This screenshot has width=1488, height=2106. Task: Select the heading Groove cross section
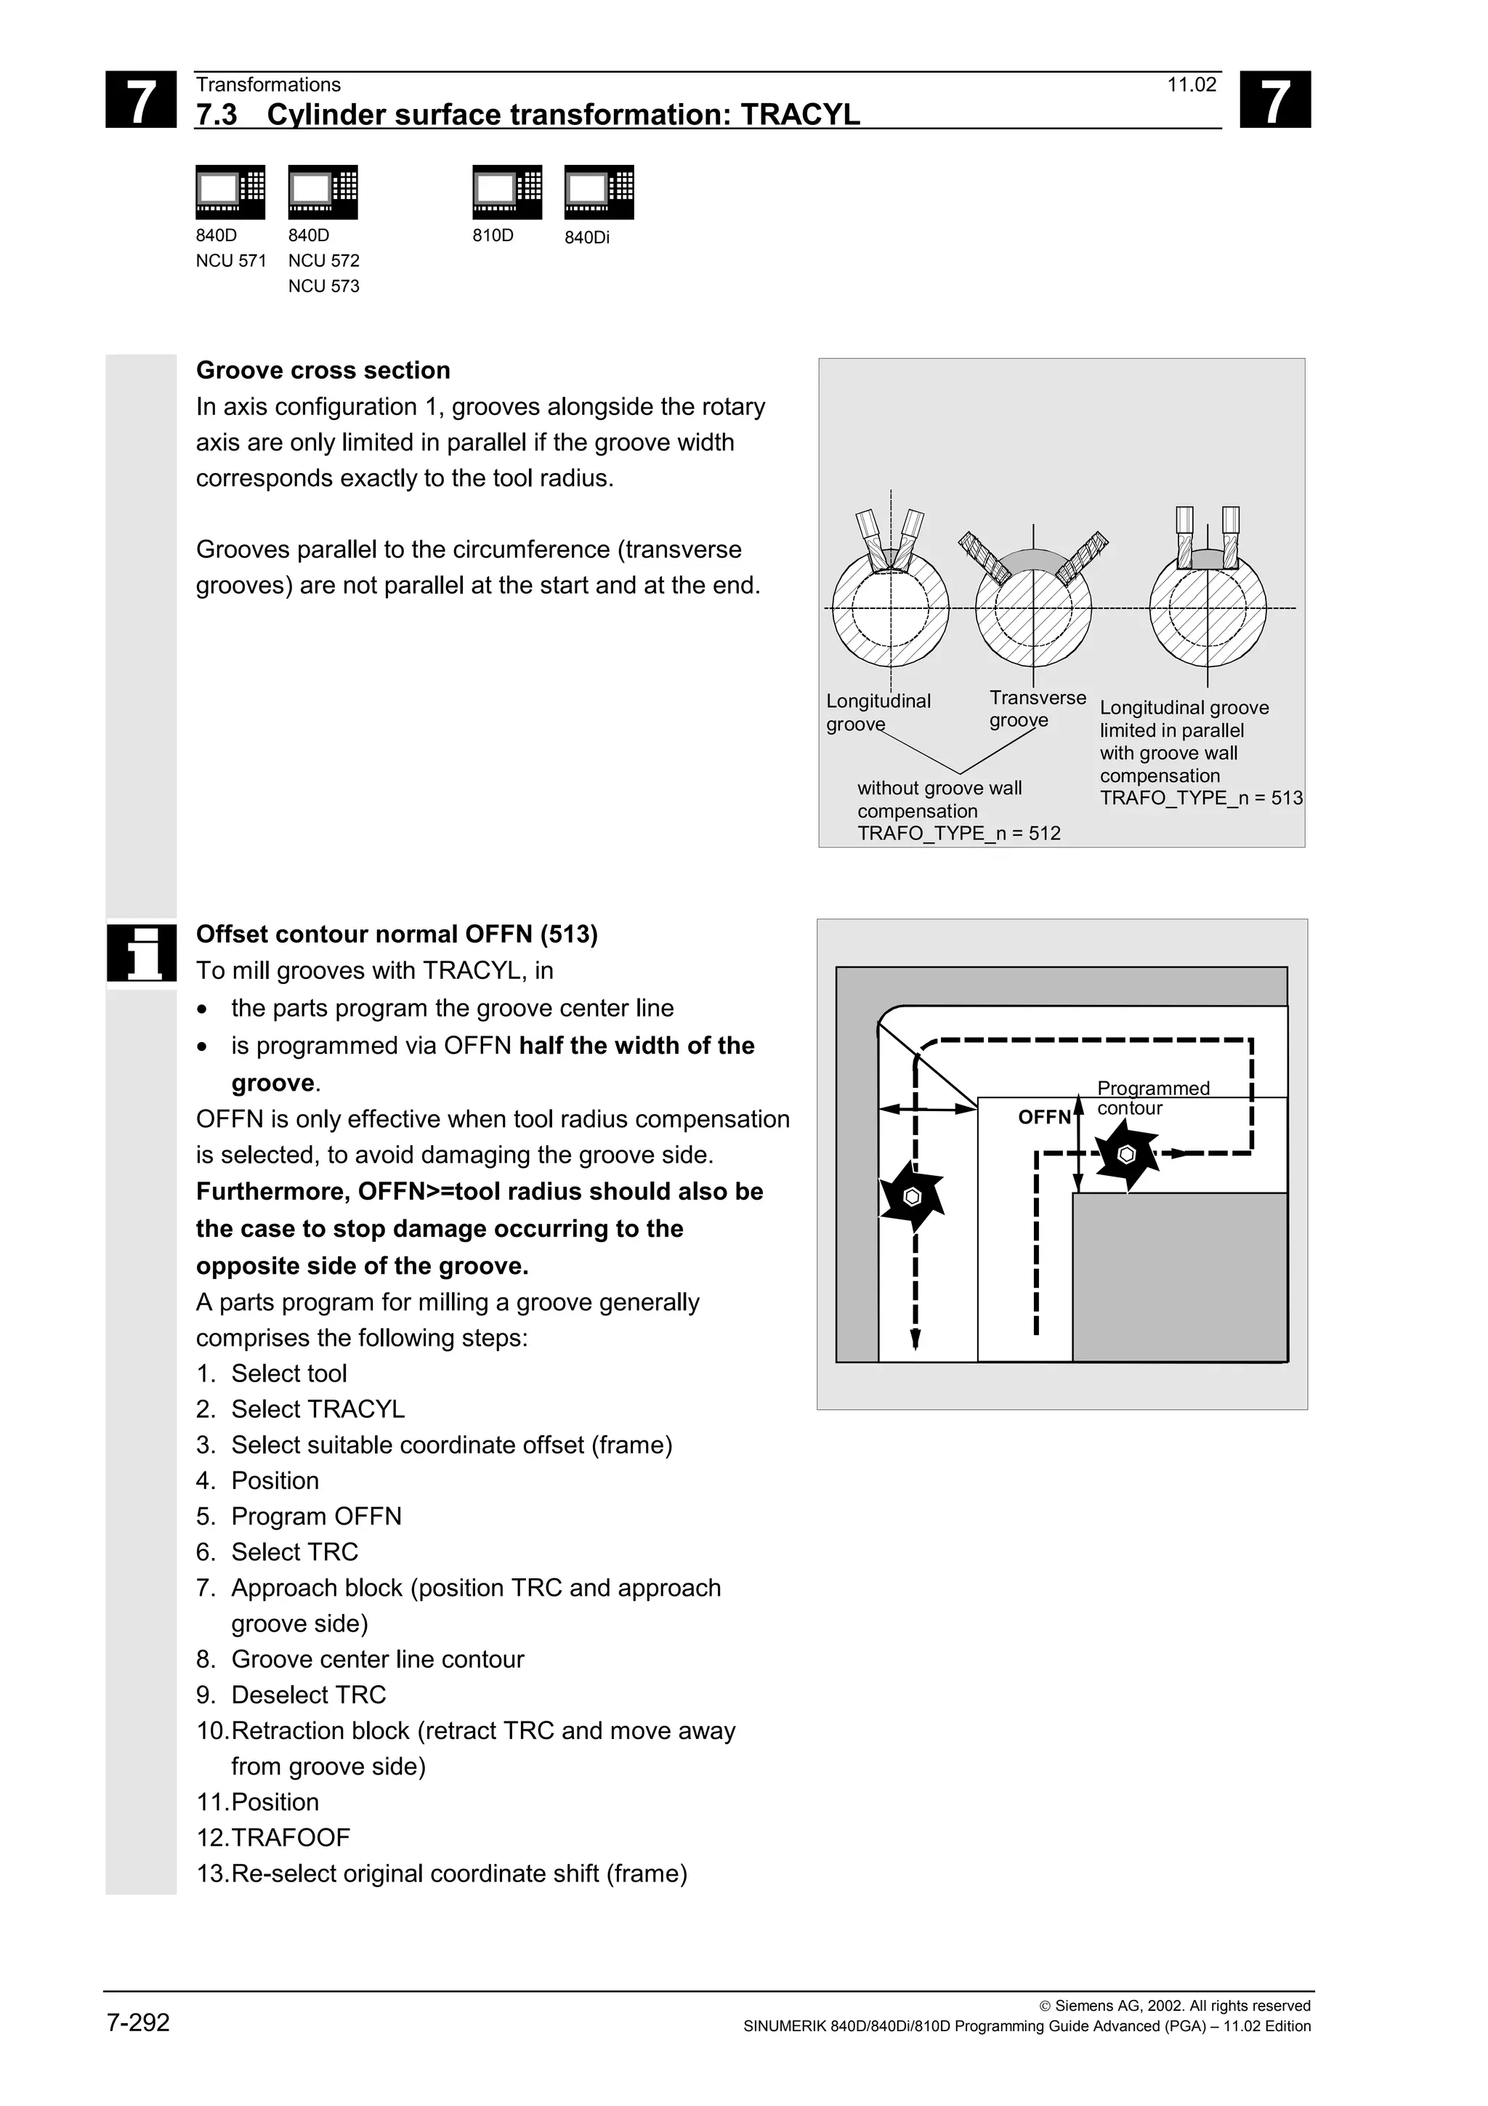[323, 371]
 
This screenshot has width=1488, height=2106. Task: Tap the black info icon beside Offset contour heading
[141, 953]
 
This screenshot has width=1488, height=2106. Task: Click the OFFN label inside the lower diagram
[1043, 1117]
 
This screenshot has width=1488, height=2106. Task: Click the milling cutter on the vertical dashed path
[910, 1196]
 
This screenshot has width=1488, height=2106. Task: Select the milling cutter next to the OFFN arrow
[1127, 1155]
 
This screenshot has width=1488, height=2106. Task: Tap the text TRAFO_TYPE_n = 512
[958, 834]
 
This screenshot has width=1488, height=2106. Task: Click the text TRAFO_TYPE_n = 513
[1200, 798]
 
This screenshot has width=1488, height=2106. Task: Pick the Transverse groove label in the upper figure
[1036, 709]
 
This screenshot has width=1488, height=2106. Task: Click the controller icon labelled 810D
[507, 193]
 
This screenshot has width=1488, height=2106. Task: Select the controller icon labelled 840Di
[599, 193]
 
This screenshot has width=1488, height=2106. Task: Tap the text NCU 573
[323, 286]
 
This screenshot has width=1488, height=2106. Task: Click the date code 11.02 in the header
[1191, 85]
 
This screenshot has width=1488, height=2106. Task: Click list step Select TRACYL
[318, 1409]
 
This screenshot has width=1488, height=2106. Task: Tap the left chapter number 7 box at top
[140, 100]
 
